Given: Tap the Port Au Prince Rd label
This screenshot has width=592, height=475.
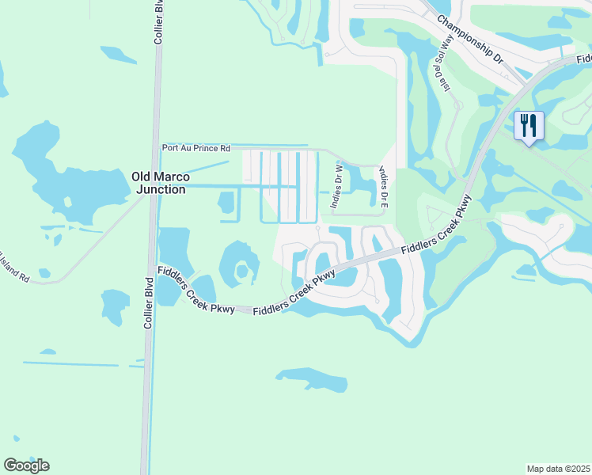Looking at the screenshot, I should (195, 148).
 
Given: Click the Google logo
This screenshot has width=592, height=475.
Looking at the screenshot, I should (26, 465).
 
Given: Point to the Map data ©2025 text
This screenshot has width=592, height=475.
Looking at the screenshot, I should (558, 469).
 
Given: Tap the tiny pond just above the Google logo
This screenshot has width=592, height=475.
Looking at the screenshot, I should (14, 439).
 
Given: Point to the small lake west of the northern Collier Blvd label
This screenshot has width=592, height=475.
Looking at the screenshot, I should (119, 55).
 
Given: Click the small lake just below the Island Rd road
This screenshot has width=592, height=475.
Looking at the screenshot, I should (114, 305).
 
